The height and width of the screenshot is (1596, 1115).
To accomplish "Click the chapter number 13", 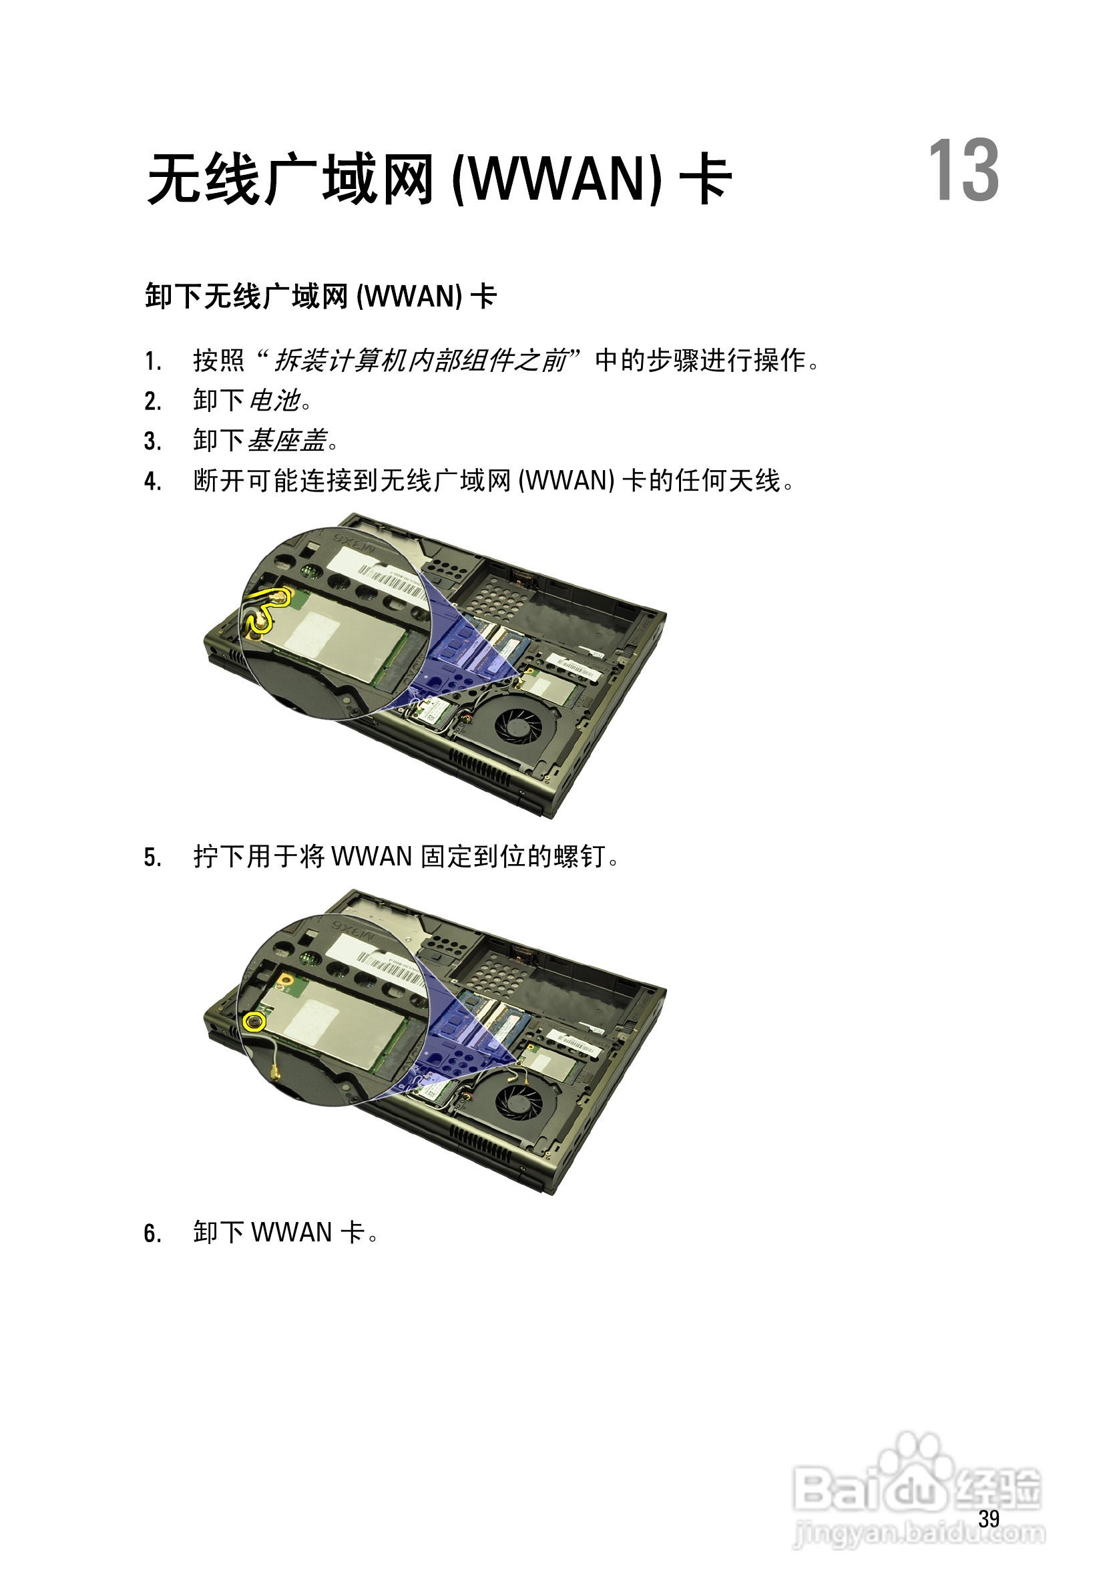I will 963,171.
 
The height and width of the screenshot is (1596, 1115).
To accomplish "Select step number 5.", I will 152,858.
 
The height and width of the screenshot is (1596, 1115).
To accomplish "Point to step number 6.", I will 152,1234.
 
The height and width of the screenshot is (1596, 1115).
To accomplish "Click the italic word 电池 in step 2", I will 274,401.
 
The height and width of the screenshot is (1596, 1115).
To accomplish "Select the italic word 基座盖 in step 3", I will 287,441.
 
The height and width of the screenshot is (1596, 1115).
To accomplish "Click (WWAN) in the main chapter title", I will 557,180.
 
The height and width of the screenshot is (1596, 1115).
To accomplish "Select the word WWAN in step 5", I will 372,856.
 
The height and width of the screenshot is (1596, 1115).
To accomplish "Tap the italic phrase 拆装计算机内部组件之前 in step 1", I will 421,360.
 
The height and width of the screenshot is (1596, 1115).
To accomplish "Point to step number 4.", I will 152,481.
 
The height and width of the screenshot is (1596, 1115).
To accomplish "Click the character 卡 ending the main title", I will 705,180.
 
